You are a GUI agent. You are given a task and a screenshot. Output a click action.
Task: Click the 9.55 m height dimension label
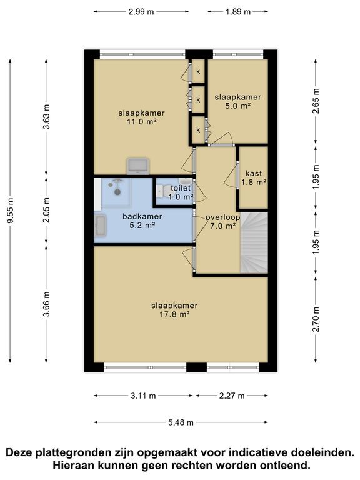click(x=10, y=211)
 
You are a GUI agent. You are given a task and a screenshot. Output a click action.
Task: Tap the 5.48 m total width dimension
click(x=181, y=422)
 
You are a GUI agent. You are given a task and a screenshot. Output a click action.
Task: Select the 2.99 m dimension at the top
click(x=141, y=12)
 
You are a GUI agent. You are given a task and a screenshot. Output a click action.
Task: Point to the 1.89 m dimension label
click(x=238, y=12)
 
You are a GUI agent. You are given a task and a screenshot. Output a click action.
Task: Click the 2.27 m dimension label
click(x=232, y=396)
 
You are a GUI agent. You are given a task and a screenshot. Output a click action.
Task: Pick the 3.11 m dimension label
click(x=143, y=396)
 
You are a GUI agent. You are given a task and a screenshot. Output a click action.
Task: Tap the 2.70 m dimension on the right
click(x=316, y=319)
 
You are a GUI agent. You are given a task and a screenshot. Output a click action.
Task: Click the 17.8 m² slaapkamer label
click(x=174, y=310)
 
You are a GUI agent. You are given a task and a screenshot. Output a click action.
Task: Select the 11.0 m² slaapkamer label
click(x=142, y=117)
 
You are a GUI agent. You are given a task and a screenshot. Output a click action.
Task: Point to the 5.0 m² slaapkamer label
click(x=237, y=102)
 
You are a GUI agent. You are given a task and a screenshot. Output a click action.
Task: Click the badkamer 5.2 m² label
click(x=142, y=221)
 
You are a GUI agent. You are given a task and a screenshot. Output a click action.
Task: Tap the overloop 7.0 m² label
click(x=223, y=222)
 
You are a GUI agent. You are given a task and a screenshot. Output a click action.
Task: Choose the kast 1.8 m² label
click(x=254, y=178)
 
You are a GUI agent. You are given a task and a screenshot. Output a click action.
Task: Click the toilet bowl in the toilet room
click(x=162, y=191)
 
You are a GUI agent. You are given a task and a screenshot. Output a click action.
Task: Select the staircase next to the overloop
click(x=254, y=242)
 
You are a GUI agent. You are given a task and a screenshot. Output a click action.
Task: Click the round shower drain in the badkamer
click(x=117, y=192)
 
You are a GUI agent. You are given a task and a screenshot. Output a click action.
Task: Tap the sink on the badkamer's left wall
click(x=100, y=226)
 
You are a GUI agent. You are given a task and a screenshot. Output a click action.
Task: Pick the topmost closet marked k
click(x=198, y=71)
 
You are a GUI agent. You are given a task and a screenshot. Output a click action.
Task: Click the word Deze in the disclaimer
click(x=19, y=452)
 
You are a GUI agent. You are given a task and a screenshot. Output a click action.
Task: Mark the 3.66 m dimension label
click(x=46, y=305)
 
